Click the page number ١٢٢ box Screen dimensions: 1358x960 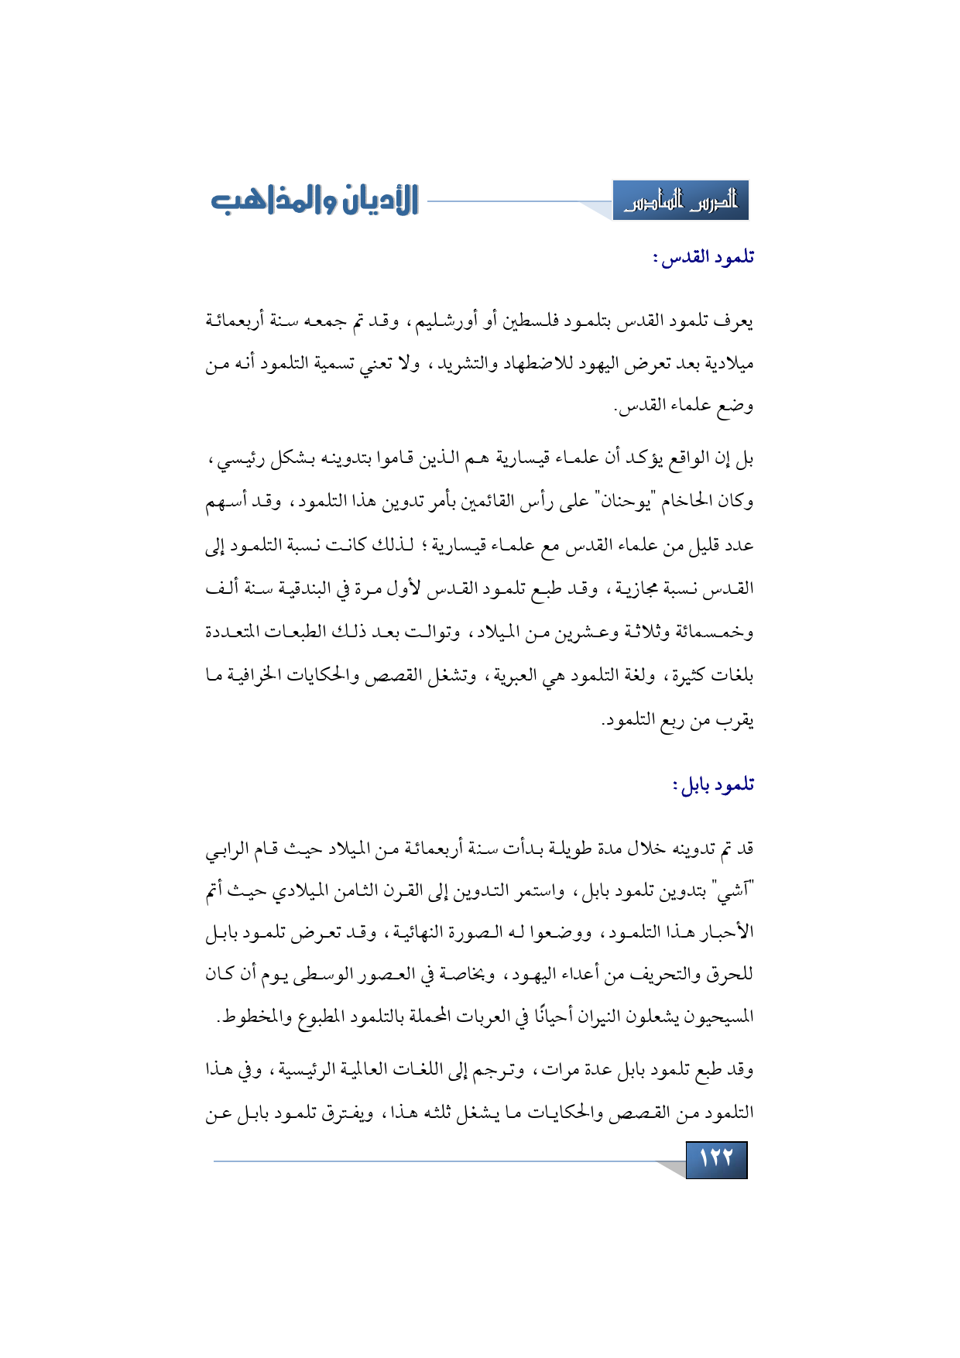click(716, 1159)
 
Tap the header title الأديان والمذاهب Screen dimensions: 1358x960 click(315, 201)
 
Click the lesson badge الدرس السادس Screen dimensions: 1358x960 click(681, 201)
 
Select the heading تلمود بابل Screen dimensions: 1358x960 click(713, 784)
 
